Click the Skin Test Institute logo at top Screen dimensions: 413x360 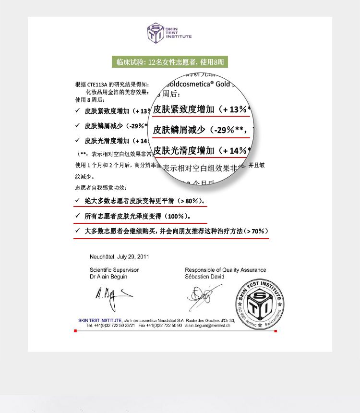169,33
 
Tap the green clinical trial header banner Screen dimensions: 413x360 170,62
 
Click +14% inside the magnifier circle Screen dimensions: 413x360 237,151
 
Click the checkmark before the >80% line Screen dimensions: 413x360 77,200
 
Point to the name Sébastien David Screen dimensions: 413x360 204,277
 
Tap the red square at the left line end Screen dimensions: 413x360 75,331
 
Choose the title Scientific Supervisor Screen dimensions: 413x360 114,270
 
